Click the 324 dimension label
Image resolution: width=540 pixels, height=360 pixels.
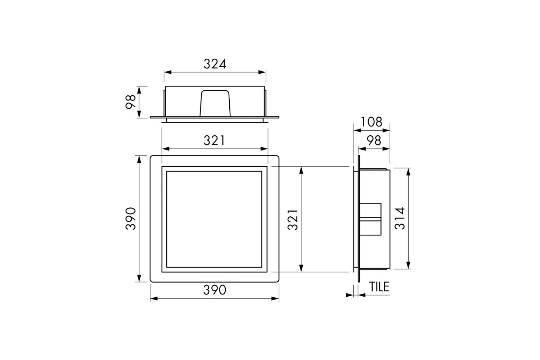pyautogui.click(x=215, y=64)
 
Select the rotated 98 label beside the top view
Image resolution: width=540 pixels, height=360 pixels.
pyautogui.click(x=131, y=102)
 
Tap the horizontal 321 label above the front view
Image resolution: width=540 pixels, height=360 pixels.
pyautogui.click(x=214, y=140)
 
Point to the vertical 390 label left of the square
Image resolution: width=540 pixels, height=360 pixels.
pyautogui.click(x=131, y=219)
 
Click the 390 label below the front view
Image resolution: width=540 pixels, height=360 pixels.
pyautogui.click(x=215, y=290)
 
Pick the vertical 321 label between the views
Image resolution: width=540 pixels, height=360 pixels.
pyautogui.click(x=293, y=220)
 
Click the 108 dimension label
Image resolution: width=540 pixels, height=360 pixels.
pyautogui.click(x=372, y=122)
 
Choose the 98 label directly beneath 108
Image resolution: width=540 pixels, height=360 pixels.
pyautogui.click(x=374, y=140)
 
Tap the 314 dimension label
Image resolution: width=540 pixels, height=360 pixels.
pyautogui.click(x=400, y=219)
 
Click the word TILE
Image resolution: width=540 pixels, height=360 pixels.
pyautogui.click(x=379, y=287)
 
